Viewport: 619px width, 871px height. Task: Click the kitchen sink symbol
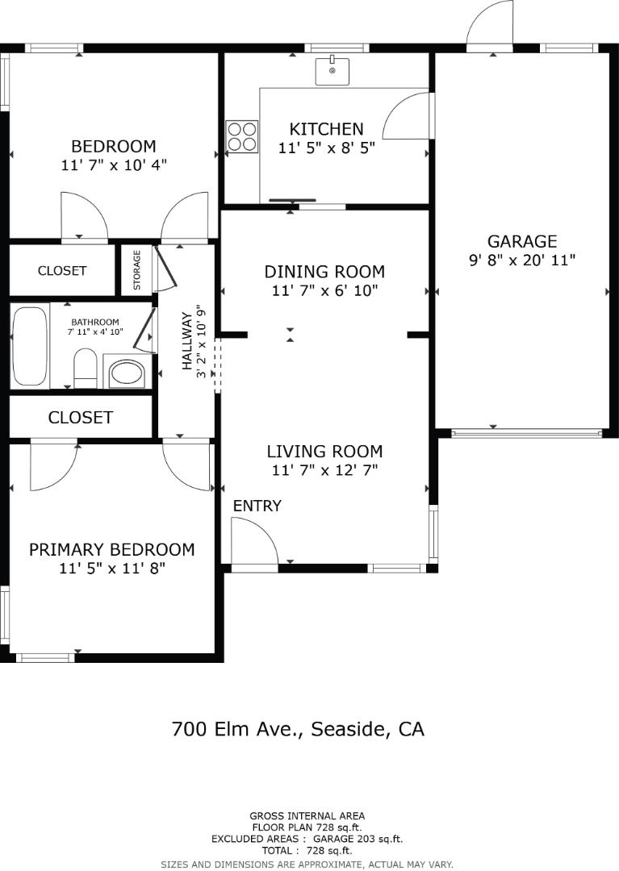[x=332, y=71]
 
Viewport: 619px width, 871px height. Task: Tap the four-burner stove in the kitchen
[x=241, y=136]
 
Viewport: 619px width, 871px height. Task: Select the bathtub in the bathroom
[x=31, y=346]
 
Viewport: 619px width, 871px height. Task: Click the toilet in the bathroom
[x=85, y=368]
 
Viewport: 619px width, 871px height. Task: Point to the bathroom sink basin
[x=126, y=373]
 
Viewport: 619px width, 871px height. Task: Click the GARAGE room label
[x=521, y=241]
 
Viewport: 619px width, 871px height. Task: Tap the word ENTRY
[x=257, y=506]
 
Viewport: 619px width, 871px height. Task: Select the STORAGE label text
[x=137, y=270]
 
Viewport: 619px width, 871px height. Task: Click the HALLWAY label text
[x=186, y=340]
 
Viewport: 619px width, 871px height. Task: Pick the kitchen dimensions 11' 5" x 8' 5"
[x=326, y=148]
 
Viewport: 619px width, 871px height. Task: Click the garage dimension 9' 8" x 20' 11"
[x=521, y=260]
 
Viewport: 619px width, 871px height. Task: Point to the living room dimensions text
[x=324, y=470]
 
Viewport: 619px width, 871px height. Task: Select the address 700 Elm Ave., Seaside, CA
[x=298, y=729]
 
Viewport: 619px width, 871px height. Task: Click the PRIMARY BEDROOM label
[x=111, y=549]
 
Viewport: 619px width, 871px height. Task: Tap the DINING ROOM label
[x=324, y=272]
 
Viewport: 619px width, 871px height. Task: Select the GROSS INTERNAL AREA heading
[x=307, y=815]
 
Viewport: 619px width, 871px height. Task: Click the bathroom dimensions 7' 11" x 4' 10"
[x=95, y=331]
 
